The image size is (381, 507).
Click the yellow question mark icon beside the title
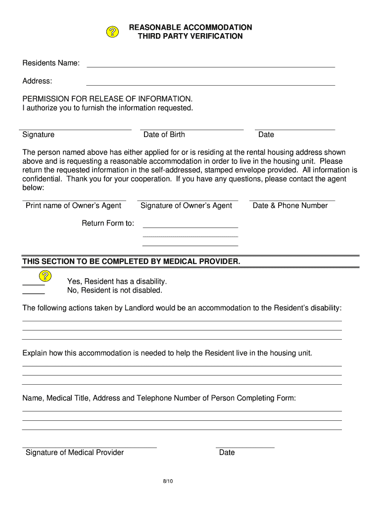113,32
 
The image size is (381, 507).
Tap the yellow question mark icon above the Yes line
45,275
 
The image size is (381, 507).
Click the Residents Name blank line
211,66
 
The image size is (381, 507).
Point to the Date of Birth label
164,135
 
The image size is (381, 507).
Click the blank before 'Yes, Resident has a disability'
34,285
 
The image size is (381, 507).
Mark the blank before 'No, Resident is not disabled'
34,294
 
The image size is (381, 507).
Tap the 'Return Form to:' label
108,223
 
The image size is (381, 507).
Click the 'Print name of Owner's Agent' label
73,205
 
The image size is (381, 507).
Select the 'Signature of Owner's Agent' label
186,205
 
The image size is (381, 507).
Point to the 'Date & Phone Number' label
290,205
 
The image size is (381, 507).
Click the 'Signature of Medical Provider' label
75,453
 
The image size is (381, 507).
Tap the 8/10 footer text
167,481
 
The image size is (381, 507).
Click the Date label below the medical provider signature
227,453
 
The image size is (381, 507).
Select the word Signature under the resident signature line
39,135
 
